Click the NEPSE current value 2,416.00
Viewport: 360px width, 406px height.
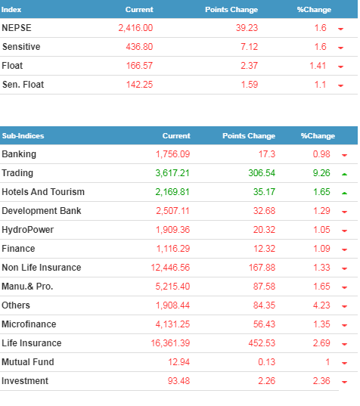pos(135,28)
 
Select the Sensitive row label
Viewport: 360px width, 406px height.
pos(21,47)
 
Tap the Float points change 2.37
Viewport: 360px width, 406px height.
pos(249,66)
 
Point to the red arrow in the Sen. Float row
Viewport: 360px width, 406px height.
pos(340,85)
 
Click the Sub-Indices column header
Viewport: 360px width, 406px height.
pos(23,136)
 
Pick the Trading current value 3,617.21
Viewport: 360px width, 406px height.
pos(172,173)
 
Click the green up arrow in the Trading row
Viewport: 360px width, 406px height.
pos(344,174)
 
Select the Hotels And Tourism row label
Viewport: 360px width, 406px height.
pos(43,192)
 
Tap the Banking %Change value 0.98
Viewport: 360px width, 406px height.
pos(321,154)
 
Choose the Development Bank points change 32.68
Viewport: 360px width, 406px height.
pos(264,211)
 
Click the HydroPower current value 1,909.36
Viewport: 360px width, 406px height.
pos(172,230)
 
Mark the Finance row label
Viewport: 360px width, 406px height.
pos(18,249)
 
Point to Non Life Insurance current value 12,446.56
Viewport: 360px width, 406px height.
pos(170,268)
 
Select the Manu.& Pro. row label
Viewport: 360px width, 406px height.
pos(27,287)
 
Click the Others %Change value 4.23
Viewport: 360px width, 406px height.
pos(321,305)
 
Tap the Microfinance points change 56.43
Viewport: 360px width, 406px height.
pos(264,324)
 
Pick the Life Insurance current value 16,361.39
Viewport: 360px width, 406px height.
pos(170,343)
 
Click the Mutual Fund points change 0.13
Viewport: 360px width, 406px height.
pos(266,362)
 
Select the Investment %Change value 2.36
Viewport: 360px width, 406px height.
pos(321,381)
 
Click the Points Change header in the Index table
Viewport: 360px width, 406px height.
pos(231,10)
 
